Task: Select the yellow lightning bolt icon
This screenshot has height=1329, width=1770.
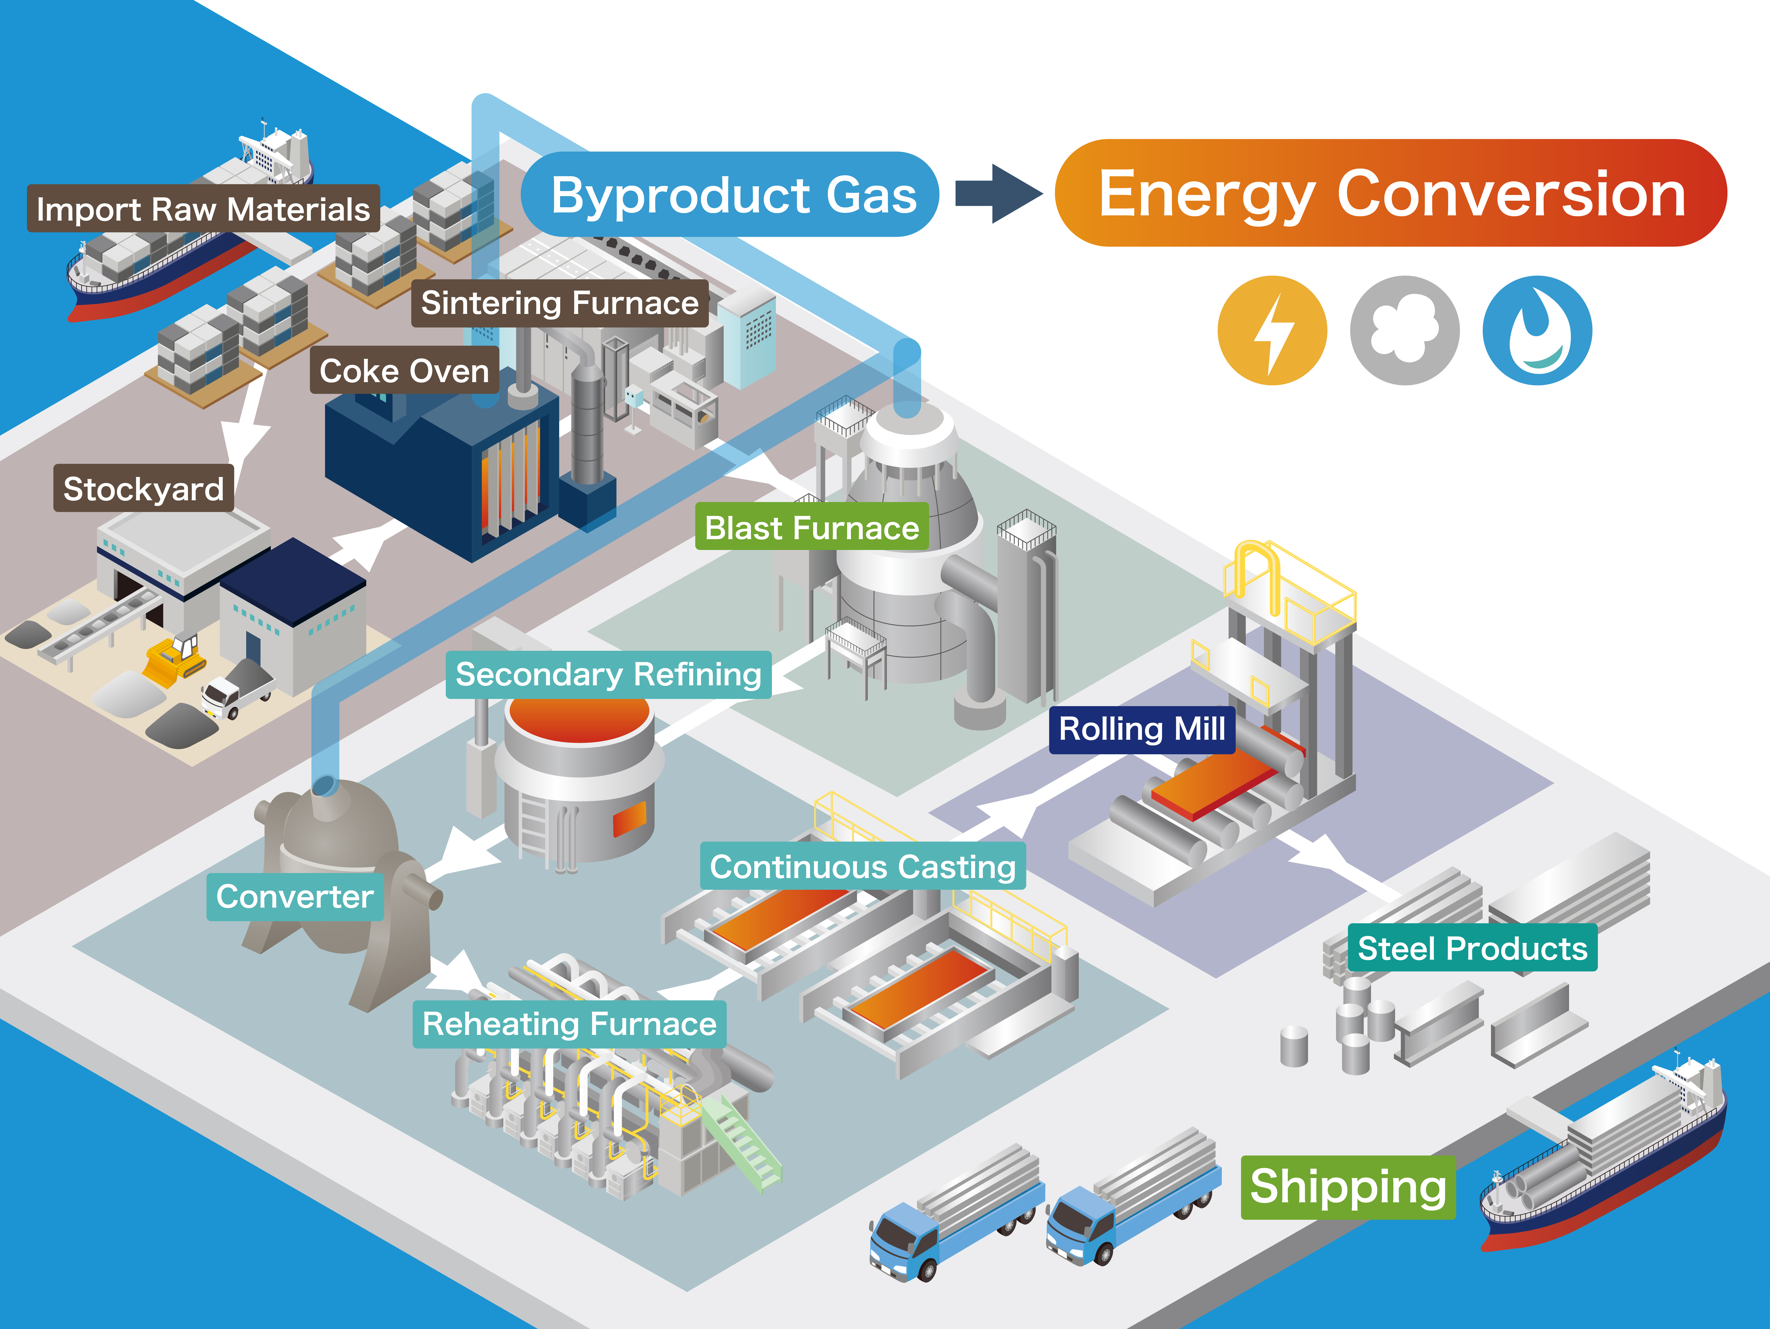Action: (x=1272, y=330)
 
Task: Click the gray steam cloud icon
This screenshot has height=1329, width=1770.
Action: (x=1404, y=330)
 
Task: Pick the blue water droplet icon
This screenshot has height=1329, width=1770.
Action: (x=1537, y=330)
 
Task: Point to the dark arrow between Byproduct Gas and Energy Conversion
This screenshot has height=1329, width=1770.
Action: (x=999, y=194)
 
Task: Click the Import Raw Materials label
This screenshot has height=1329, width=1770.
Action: (x=203, y=209)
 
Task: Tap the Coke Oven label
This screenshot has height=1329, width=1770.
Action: (x=404, y=370)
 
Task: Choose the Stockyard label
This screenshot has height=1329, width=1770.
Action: (x=143, y=488)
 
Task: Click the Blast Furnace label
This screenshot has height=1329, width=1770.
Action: (x=811, y=527)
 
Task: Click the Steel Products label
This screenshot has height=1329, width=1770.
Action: (x=1472, y=948)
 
